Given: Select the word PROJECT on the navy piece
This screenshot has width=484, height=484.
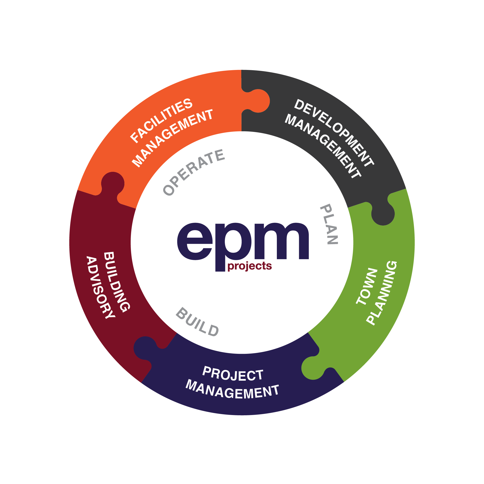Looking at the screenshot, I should (233, 374).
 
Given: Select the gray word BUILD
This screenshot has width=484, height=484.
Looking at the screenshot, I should (197, 322).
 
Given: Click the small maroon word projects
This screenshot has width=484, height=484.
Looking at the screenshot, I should (250, 266).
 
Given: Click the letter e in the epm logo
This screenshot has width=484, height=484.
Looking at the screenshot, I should (195, 241).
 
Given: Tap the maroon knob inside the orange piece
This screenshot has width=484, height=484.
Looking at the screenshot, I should (113, 183).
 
